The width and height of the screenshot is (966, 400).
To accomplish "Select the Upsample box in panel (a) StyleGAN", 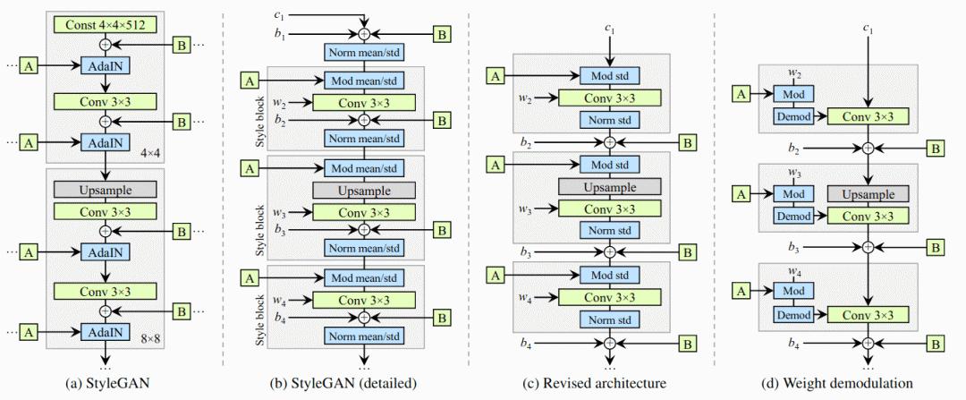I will tap(105, 189).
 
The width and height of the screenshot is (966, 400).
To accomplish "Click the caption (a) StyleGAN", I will tap(105, 384).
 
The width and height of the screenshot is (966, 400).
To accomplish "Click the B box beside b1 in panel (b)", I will tap(442, 34).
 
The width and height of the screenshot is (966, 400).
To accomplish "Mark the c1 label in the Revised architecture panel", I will tap(609, 30).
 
